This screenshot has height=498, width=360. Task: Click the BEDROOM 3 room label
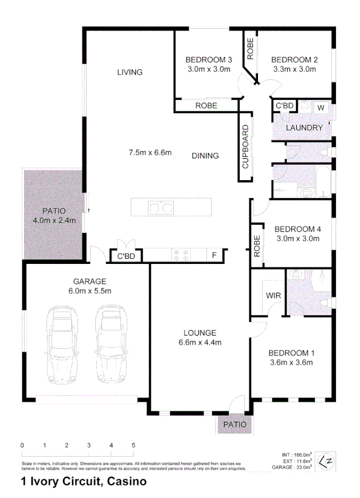pyautogui.click(x=209, y=60)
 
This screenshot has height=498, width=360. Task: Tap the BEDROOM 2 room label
pyautogui.click(x=294, y=60)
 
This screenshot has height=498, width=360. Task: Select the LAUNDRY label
pyautogui.click(x=304, y=127)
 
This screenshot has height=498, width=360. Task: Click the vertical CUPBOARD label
pyautogui.click(x=245, y=146)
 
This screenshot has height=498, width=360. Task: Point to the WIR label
pyautogui.click(x=272, y=296)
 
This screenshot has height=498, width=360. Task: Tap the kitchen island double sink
pyautogui.click(x=161, y=207)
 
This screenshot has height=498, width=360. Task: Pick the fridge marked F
pyautogui.click(x=214, y=255)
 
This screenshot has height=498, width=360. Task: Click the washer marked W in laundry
pyautogui.click(x=320, y=107)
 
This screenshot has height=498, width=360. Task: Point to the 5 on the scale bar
pyautogui.click(x=134, y=445)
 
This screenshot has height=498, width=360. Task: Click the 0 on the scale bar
pyautogui.click(x=22, y=445)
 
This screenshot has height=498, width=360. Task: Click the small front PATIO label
pyautogui.click(x=235, y=425)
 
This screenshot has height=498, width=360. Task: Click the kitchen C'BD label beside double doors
pyautogui.click(x=126, y=256)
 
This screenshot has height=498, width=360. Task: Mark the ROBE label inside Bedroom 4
pyautogui.click(x=257, y=246)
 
